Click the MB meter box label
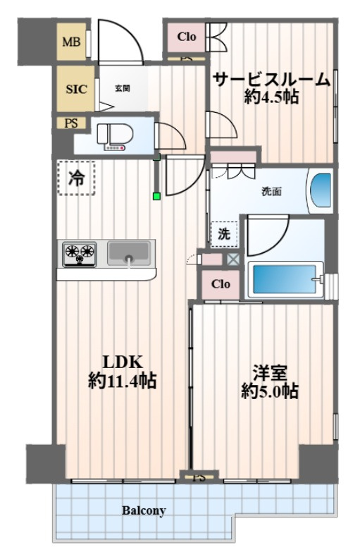coord(71,42)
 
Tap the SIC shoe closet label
coord(76,89)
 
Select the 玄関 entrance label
coord(123,88)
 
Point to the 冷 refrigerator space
coord(76,178)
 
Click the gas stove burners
coord(80,254)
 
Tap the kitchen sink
coord(128,252)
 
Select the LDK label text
coord(123,362)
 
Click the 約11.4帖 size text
coord(123,381)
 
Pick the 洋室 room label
coord(270,372)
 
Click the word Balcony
coord(144,510)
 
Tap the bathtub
coord(285,280)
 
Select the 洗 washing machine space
coord(224,234)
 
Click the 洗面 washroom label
coord(272,192)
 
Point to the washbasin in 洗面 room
coord(321,190)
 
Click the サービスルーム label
coord(272,79)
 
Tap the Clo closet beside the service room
coord(187,37)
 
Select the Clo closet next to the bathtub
coord(221,284)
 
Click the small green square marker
coord(156,195)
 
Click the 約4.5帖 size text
coord(271,97)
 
